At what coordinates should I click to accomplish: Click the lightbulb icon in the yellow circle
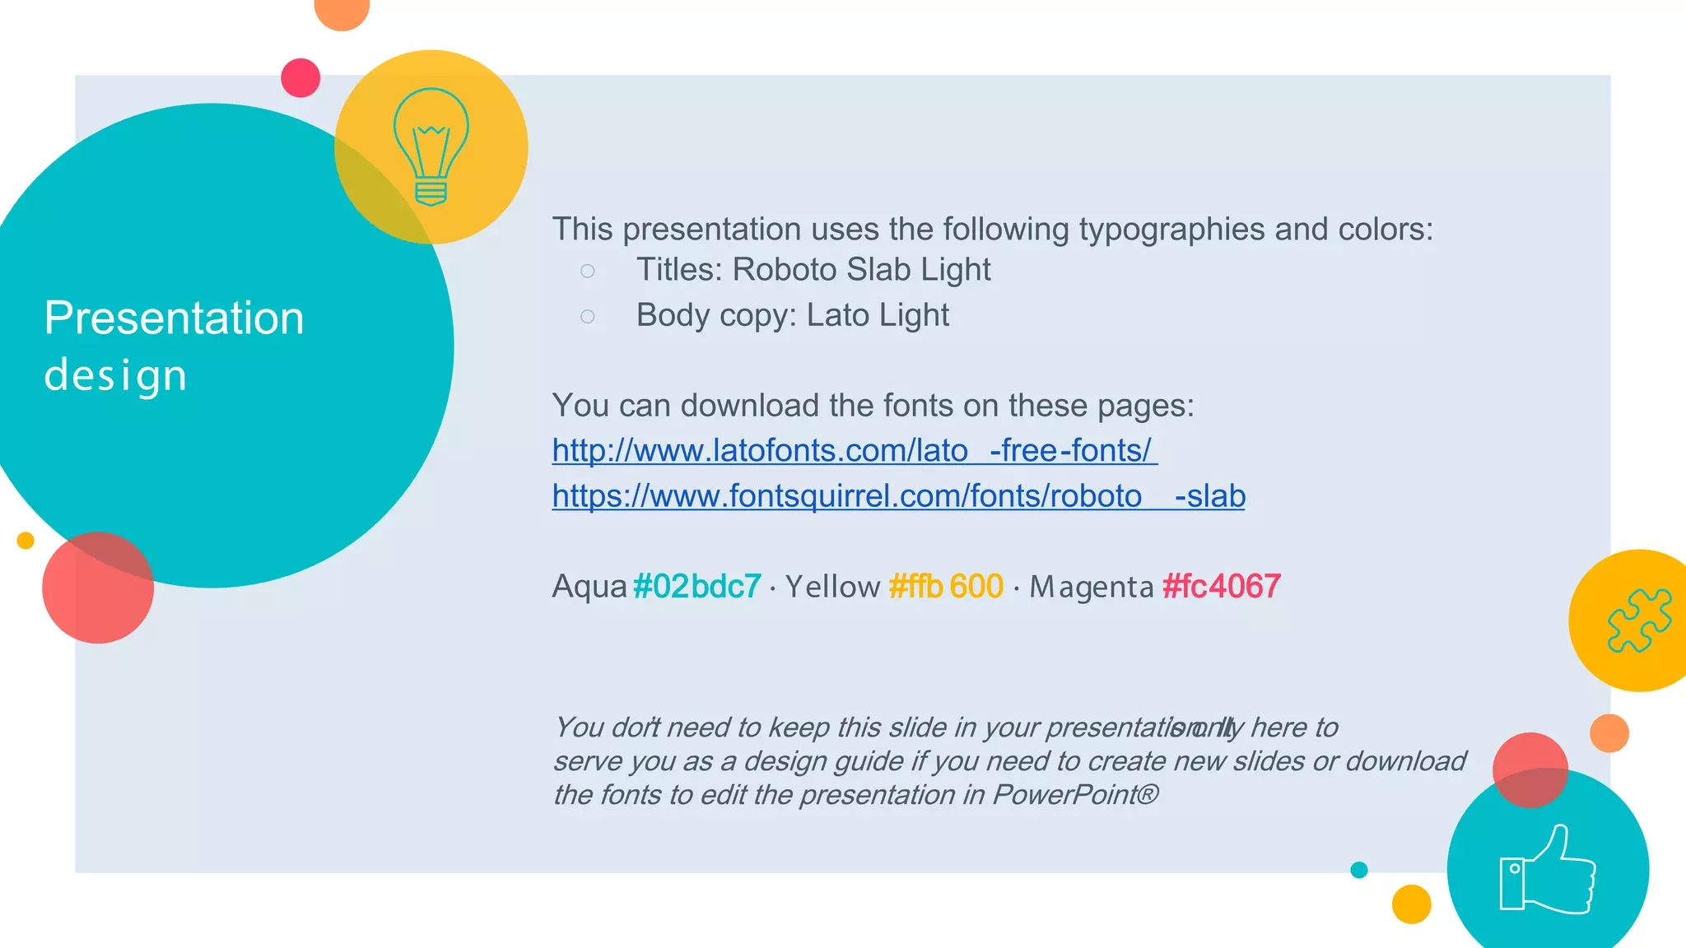pyautogui.click(x=431, y=146)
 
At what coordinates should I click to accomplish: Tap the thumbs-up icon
pyautogui.click(x=1548, y=870)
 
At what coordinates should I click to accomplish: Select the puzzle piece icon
pyautogui.click(x=1639, y=620)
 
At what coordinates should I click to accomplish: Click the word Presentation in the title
pyautogui.click(x=174, y=318)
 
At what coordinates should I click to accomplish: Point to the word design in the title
pyautogui.click(x=115, y=375)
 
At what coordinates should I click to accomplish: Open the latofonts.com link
pyautogui.click(x=854, y=451)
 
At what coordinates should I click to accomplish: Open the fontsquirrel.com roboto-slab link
pyautogui.click(x=898, y=496)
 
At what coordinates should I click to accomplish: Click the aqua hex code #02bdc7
pyautogui.click(x=697, y=587)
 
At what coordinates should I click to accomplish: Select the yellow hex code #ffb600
pyautogui.click(x=946, y=587)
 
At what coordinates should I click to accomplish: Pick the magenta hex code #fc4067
pyautogui.click(x=1221, y=587)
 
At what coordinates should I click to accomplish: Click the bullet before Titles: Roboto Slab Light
pyautogui.click(x=587, y=271)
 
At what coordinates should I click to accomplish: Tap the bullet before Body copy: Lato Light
pyautogui.click(x=587, y=316)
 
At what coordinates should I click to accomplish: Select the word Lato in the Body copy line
pyautogui.click(x=829, y=315)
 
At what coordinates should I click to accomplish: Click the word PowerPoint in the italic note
pyautogui.click(x=1066, y=795)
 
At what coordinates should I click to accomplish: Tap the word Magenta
pyautogui.click(x=1091, y=587)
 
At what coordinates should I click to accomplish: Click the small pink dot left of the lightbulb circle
pyautogui.click(x=300, y=78)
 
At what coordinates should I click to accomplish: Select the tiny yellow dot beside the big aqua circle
pyautogui.click(x=26, y=541)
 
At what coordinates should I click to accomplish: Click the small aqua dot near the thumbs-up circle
pyautogui.click(x=1359, y=870)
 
